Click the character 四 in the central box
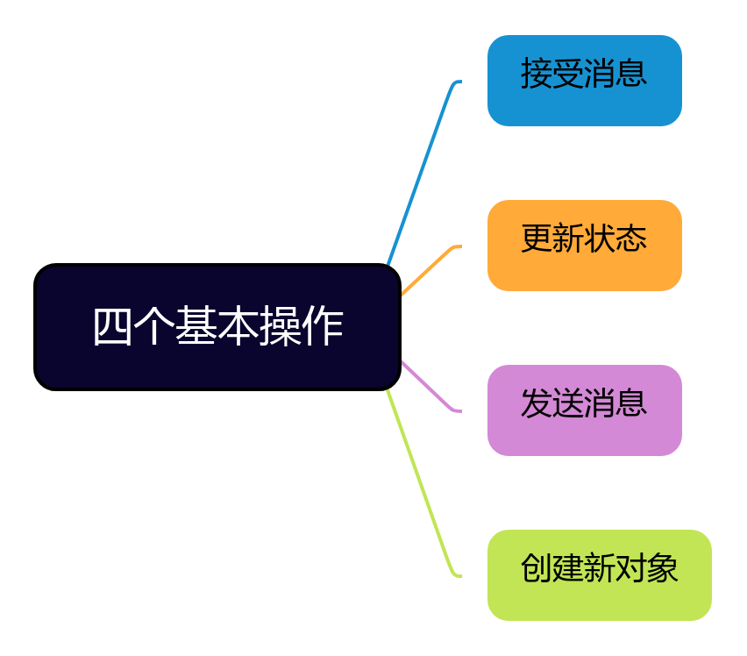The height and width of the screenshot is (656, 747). click(112, 327)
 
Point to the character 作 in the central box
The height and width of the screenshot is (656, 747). click(322, 327)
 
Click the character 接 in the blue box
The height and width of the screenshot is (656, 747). click(537, 74)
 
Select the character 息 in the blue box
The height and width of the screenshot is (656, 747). click(631, 74)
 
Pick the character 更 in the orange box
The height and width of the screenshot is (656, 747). click(537, 239)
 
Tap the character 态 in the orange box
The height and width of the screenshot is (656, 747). click(631, 239)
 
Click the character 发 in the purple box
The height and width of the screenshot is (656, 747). click(537, 403)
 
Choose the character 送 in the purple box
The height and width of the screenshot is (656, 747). click(568, 403)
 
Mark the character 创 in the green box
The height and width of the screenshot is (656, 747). click(537, 568)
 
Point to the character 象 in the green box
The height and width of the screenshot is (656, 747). click(663, 568)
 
